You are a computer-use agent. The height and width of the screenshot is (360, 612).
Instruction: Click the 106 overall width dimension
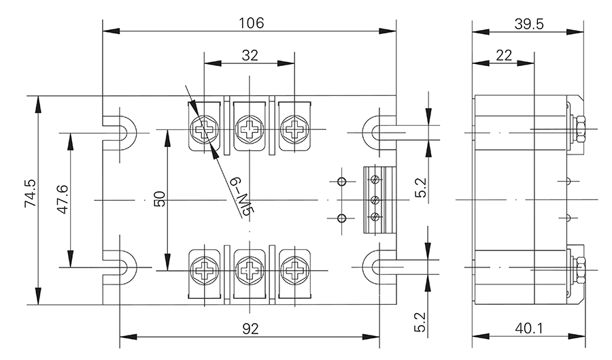click(x=250, y=22)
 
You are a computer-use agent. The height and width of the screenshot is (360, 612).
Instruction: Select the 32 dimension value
click(x=250, y=56)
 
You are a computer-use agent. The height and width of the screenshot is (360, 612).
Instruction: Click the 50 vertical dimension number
click(x=159, y=199)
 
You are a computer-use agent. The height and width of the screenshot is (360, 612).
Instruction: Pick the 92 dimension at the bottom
click(x=250, y=329)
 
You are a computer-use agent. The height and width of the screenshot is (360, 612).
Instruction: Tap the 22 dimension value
click(x=504, y=56)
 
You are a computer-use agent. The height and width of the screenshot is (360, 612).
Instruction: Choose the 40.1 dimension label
click(x=528, y=329)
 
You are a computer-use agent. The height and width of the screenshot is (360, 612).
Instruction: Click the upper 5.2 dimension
click(x=420, y=188)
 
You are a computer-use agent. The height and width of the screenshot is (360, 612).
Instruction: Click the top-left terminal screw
click(x=205, y=128)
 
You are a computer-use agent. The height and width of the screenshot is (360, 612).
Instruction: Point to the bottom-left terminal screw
click(x=205, y=269)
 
